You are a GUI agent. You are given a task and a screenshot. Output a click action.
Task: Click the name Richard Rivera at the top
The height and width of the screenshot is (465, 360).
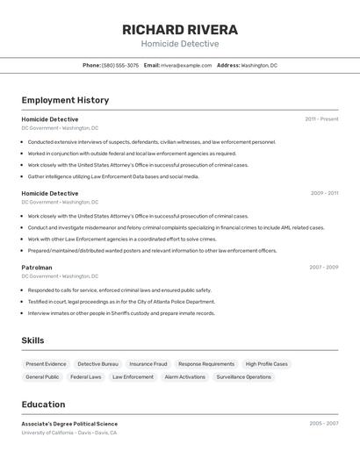tap(180, 29)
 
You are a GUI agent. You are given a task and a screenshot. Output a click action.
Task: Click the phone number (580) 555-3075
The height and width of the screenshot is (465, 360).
tap(120, 65)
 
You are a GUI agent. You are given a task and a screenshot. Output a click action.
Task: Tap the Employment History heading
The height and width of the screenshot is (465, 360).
tap(65, 100)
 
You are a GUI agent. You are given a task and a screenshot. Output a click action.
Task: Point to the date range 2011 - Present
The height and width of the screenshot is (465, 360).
tap(321, 119)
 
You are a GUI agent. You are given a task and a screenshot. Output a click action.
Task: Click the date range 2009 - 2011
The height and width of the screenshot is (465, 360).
tap(324, 193)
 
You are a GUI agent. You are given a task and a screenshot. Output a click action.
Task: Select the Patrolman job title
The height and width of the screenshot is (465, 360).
tap(37, 268)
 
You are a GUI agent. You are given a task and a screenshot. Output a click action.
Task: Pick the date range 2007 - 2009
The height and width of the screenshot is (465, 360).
tap(323, 268)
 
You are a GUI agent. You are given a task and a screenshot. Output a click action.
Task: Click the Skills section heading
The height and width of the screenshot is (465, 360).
tap(32, 340)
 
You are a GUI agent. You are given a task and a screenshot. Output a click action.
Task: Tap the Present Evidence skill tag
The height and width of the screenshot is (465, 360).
tap(46, 364)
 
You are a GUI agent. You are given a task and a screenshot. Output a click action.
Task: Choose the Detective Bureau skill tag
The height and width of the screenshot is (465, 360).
tap(97, 364)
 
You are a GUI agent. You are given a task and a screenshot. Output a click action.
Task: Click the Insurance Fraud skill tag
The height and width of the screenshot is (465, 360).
tap(148, 364)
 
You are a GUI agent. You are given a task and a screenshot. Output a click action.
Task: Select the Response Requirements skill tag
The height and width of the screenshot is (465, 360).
tap(206, 364)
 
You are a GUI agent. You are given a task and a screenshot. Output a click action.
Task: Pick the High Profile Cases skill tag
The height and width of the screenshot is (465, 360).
tap(266, 364)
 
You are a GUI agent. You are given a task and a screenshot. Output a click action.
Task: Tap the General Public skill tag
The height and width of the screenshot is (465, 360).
tap(42, 377)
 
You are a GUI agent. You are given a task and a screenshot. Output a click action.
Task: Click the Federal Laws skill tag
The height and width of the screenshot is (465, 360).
tap(86, 377)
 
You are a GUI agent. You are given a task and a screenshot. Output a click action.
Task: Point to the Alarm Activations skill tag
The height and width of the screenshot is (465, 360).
tap(184, 377)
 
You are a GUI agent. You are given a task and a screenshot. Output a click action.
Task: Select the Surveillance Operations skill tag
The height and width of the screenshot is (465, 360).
tap(244, 377)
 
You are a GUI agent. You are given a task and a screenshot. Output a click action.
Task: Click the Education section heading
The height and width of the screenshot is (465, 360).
tap(43, 404)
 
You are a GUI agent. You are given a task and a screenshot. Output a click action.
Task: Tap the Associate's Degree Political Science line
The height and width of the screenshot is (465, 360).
tap(69, 424)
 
